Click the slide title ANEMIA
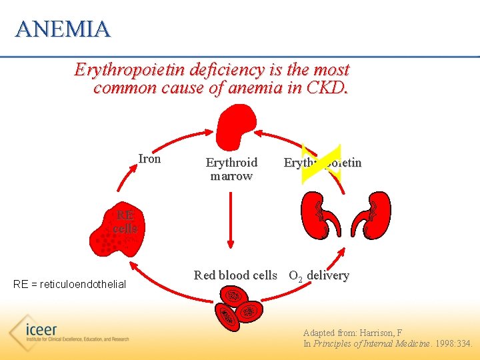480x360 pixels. click(63, 29)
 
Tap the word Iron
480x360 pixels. click(149, 159)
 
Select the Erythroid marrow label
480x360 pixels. click(231, 169)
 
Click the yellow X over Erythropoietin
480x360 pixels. click(321, 163)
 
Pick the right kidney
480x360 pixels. click(373, 215)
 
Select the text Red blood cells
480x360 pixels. click(235, 275)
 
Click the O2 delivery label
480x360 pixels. click(319, 276)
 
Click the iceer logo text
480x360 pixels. click(41, 330)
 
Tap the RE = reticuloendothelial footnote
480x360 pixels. click(69, 285)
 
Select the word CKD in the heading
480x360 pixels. click(327, 88)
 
